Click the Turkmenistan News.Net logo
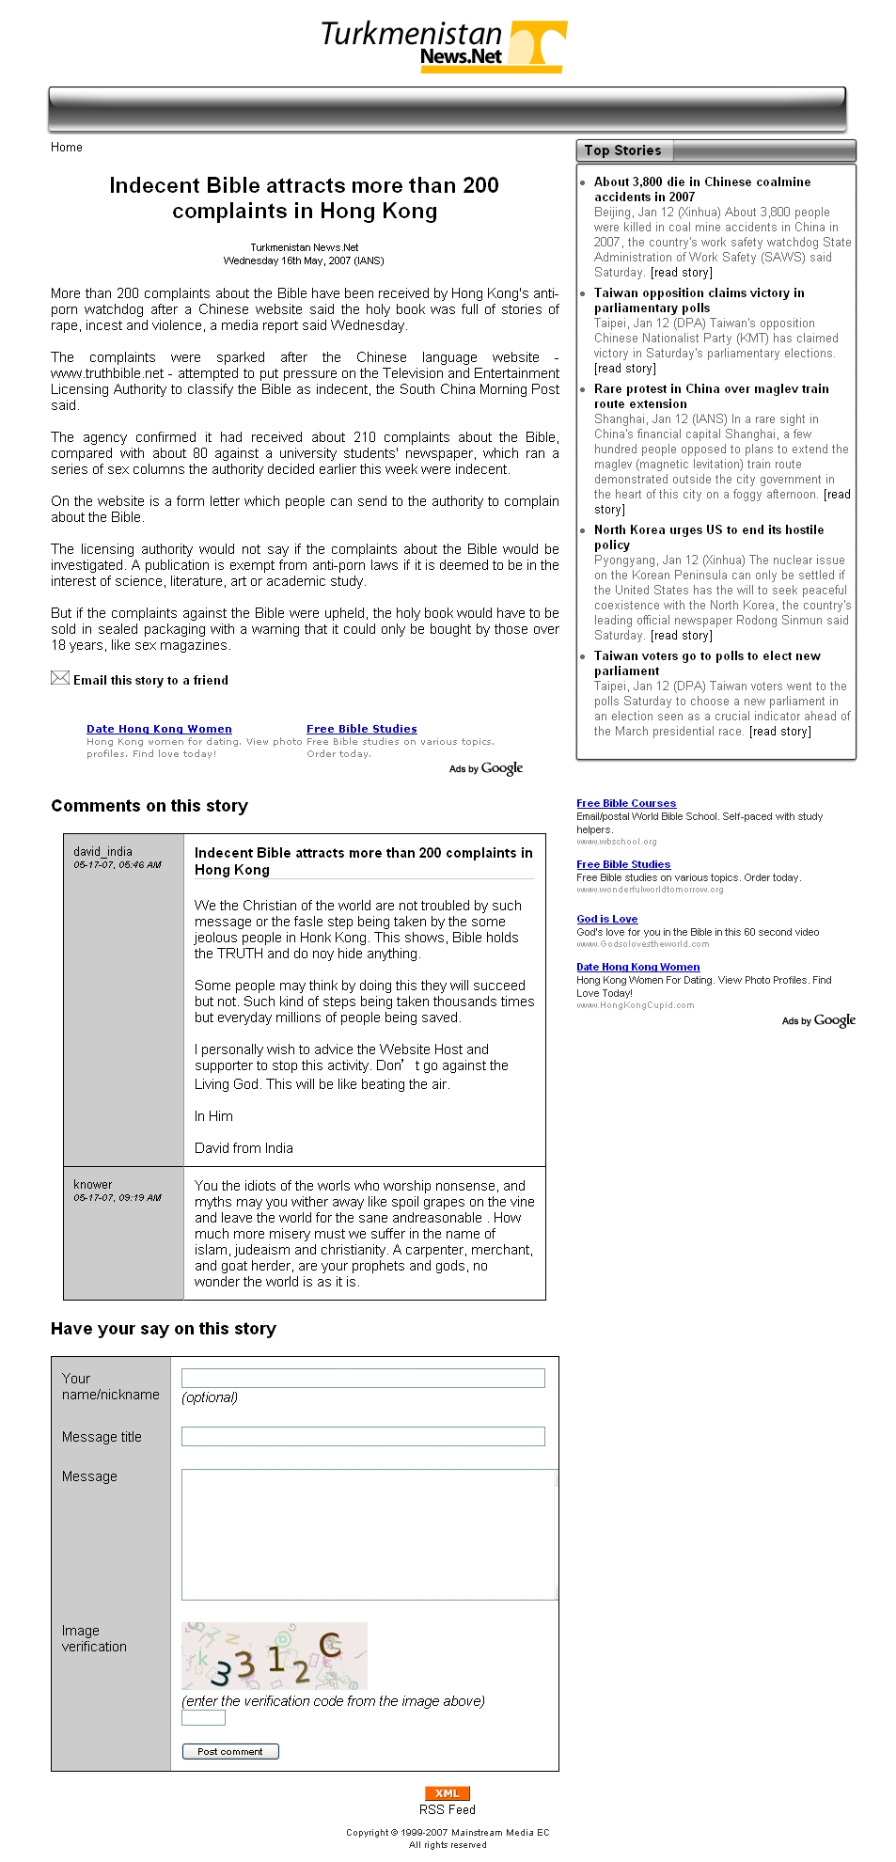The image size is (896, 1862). (444, 45)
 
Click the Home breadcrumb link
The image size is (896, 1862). (67, 148)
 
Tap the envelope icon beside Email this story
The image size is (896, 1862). (60, 678)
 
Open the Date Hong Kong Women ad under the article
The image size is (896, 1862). (159, 729)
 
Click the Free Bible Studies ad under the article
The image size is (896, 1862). (361, 729)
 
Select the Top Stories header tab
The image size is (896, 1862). (622, 150)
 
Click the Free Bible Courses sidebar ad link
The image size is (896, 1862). (626, 803)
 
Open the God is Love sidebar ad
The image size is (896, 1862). (606, 919)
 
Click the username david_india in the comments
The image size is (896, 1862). (102, 851)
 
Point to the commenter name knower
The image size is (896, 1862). (92, 1184)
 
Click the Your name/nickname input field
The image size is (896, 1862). (363, 1378)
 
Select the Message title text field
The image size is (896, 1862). (363, 1436)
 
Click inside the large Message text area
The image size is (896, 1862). (369, 1534)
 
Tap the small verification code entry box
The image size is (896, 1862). (203, 1717)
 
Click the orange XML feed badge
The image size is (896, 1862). (448, 1792)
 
